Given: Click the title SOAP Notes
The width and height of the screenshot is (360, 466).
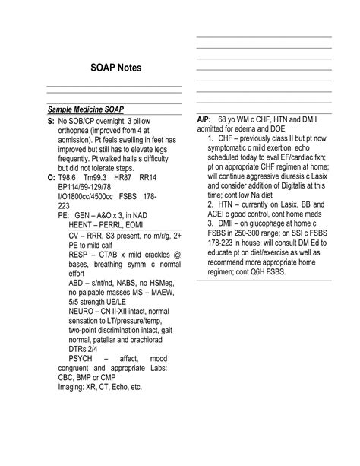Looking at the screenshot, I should [115, 68].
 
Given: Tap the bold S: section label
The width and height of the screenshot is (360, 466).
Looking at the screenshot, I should [51, 121].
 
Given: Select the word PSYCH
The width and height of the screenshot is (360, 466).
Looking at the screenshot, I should [83, 357].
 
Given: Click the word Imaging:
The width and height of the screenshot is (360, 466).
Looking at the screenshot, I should [74, 386].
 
